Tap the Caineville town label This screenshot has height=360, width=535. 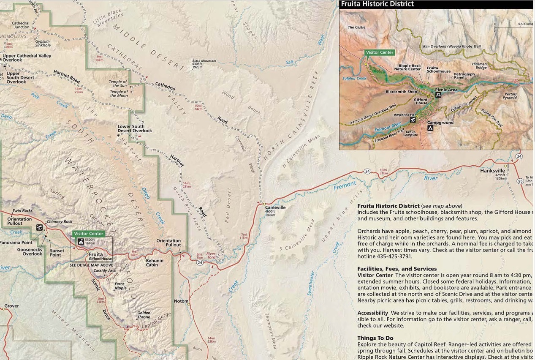pyautogui.click(x=275, y=207)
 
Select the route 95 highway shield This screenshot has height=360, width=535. pyautogui.click(x=520, y=181)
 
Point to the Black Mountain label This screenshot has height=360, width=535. pyautogui.click(x=204, y=61)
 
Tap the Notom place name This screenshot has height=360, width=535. pyautogui.click(x=181, y=301)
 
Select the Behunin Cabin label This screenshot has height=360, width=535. pyautogui.click(x=152, y=262)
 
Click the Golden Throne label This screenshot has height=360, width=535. pyautogui.click(x=143, y=315)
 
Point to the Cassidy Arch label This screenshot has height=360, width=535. pyautogui.click(x=105, y=270)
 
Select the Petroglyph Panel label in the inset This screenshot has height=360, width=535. pyautogui.click(x=464, y=76)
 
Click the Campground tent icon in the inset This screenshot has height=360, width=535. pyautogui.click(x=430, y=128)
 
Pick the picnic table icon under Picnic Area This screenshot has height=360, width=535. pyautogui.click(x=439, y=95)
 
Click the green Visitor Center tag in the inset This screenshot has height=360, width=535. pyautogui.click(x=380, y=53)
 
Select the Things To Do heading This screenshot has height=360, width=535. pyautogui.click(x=375, y=338)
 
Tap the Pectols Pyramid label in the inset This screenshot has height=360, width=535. pyautogui.click(x=511, y=96)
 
